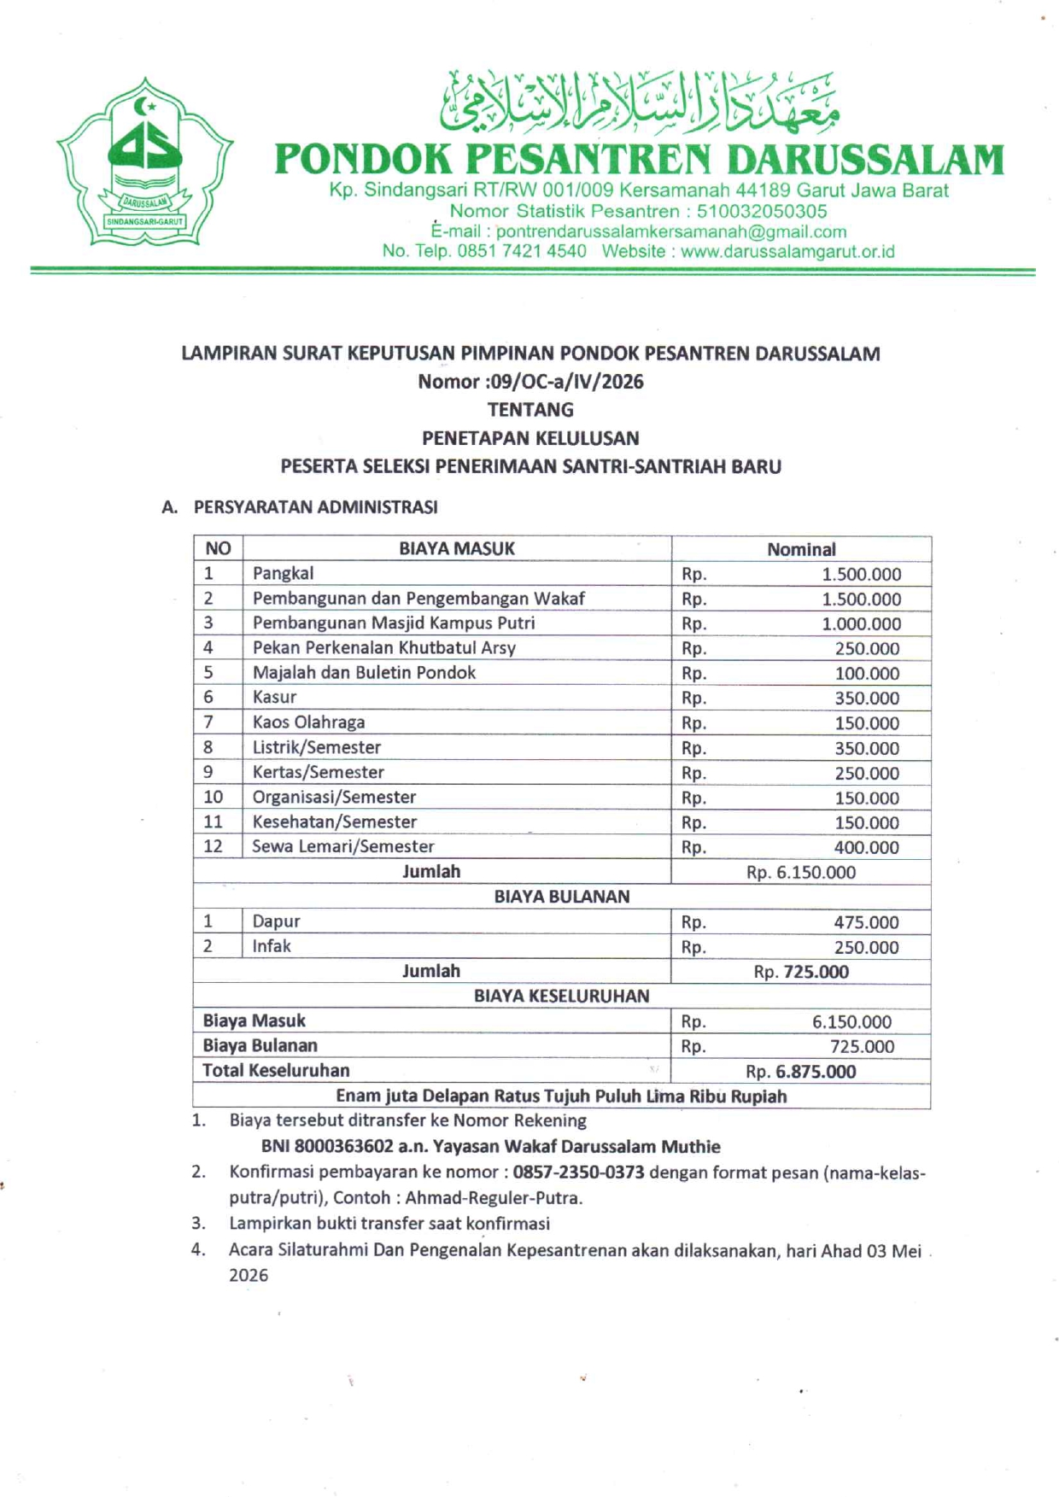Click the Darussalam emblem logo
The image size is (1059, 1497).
(x=144, y=162)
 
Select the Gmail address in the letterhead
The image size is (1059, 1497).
(x=671, y=231)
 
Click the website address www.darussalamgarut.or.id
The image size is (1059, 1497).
(x=787, y=252)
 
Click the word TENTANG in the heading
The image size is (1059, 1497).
(x=530, y=410)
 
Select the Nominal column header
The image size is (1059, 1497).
(x=800, y=549)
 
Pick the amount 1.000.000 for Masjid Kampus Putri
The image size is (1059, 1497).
(x=861, y=624)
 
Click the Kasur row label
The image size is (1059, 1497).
(x=274, y=697)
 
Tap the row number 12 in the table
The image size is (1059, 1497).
(x=213, y=846)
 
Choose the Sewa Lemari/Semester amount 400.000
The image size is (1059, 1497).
(x=866, y=848)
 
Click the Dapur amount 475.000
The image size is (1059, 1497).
(x=866, y=922)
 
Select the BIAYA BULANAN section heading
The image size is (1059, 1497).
(x=561, y=897)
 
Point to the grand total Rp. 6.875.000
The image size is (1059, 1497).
(x=800, y=1072)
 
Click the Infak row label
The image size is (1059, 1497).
(x=271, y=946)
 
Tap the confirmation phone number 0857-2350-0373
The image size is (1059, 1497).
(x=578, y=1172)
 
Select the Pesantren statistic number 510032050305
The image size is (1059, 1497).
(x=762, y=211)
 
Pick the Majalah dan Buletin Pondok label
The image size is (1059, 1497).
(x=364, y=673)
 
